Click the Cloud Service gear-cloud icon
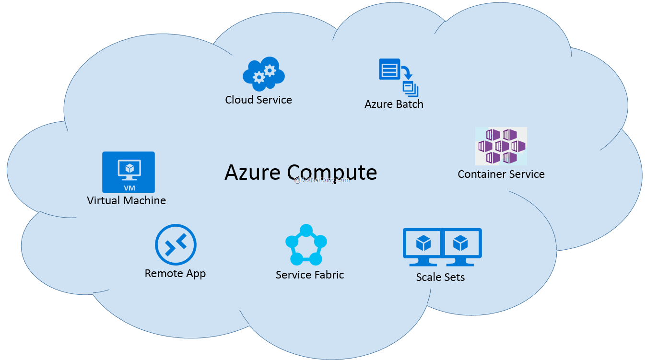(263, 75)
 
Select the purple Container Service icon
(501, 146)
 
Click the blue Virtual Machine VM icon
(129, 172)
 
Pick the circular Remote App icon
(176, 245)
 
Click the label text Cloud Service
(258, 100)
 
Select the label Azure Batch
(394, 104)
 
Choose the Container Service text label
(501, 174)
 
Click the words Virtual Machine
(127, 200)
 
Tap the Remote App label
(175, 274)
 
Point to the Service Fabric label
(310, 275)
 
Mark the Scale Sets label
(440, 277)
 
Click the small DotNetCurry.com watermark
(322, 180)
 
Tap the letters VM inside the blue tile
(129, 188)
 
